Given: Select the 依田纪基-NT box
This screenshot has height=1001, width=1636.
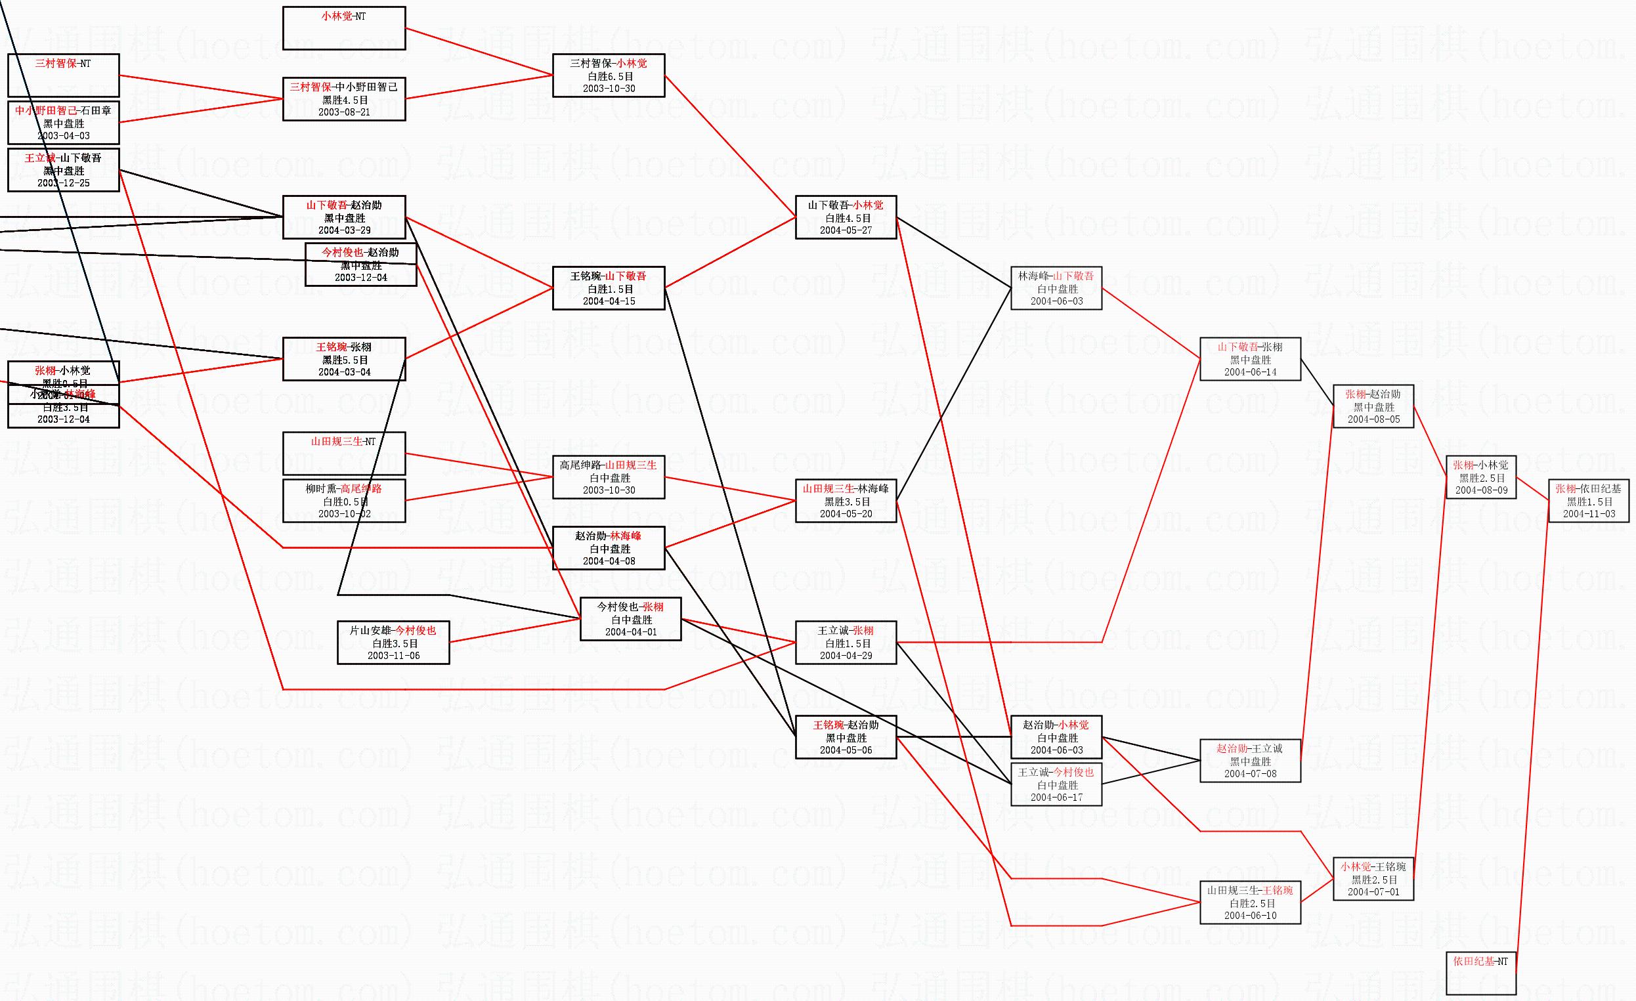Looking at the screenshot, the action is pos(1480,973).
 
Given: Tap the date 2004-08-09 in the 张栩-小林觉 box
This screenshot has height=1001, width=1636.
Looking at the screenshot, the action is pos(1481,490).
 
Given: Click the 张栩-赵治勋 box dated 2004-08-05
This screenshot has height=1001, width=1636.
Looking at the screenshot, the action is pos(1373,406).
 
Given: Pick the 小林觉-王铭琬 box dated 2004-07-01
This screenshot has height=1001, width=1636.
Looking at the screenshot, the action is pos(1373,879).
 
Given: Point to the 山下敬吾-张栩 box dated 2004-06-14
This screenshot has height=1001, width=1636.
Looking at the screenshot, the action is pos(1249,359).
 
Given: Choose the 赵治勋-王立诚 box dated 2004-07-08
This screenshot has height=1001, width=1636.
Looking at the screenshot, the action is pos(1249,761).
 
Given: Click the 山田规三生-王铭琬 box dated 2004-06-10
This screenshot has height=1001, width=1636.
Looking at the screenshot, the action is pos(1249,903).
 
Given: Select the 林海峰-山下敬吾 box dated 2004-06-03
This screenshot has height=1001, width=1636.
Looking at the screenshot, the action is pos(1056,288).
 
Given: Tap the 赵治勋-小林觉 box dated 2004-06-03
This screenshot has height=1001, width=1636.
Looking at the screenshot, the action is pos(1056,737).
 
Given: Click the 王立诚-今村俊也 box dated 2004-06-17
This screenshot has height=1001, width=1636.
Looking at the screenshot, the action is pos(1056,784).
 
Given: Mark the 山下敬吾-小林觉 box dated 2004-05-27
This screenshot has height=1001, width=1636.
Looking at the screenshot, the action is pos(845,217).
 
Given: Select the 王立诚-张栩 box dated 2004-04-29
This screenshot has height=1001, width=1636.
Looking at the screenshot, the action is pos(845,643).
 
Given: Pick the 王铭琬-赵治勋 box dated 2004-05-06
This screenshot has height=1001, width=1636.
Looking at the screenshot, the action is pos(845,737).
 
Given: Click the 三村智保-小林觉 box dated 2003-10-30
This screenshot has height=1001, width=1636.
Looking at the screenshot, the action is pos(608,75).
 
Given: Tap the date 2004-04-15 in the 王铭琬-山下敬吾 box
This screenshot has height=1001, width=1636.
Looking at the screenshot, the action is pos(609,301).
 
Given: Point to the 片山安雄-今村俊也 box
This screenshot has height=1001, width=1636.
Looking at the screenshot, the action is pos(393,643).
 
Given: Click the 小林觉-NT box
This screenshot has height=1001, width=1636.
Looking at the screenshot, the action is pos(344,28).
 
